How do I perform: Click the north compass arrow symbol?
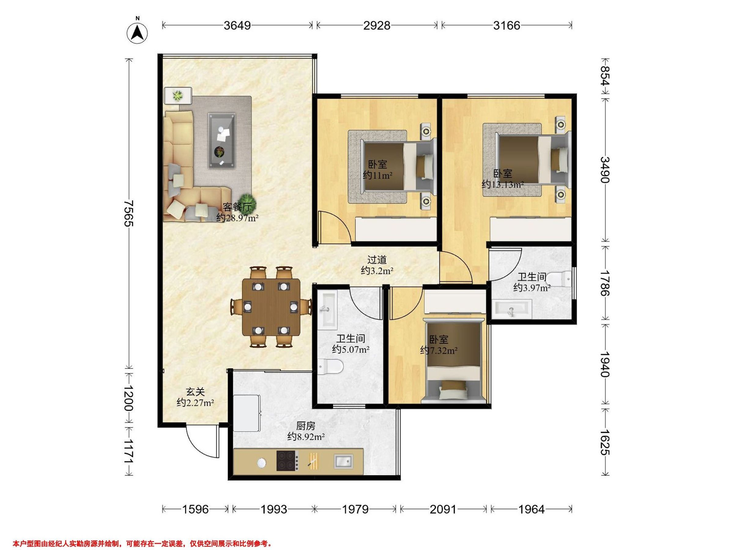pos(137,32)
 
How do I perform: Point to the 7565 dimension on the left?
pos(129,213)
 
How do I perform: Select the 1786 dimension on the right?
pos(605,284)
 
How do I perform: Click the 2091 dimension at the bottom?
pos(443,509)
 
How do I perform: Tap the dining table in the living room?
pos(271,307)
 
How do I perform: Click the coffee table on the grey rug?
pos(222,140)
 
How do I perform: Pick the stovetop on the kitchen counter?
pos(286,461)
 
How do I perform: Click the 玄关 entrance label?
pos(195,392)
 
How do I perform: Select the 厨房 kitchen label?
pos(306,425)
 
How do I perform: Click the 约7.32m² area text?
pos(439,350)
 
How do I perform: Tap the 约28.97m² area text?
pos(237,218)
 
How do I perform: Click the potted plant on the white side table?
pos(178,96)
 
